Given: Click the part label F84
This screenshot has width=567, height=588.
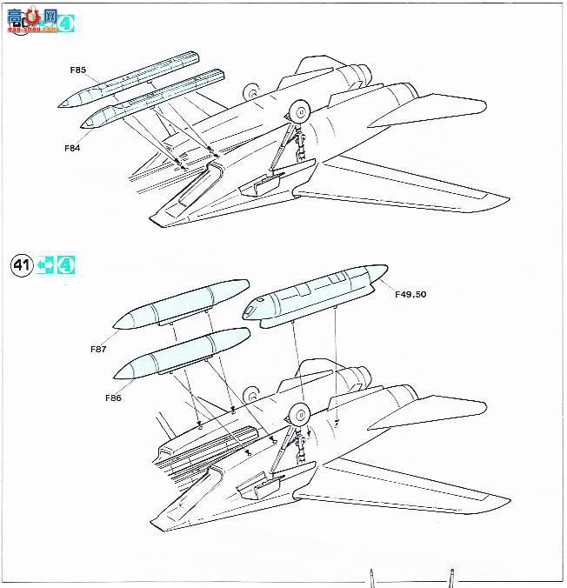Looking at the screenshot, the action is pyautogui.click(x=72, y=148).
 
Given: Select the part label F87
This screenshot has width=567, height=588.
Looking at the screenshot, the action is pyautogui.click(x=97, y=349).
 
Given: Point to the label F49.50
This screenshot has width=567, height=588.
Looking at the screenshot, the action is pyautogui.click(x=410, y=295).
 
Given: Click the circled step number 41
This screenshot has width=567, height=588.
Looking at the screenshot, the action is pyautogui.click(x=22, y=265).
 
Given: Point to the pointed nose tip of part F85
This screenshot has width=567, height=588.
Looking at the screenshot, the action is pyautogui.click(x=60, y=105).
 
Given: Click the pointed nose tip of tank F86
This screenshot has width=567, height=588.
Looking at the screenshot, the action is pyautogui.click(x=117, y=375).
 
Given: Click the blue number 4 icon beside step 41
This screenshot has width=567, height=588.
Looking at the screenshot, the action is pyautogui.click(x=66, y=265).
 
